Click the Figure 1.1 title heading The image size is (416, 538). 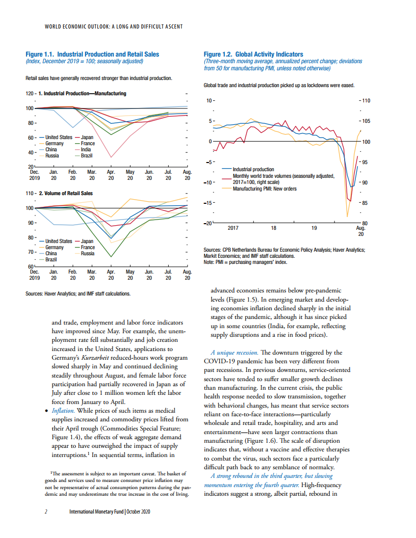[92, 54]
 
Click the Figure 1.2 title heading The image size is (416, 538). [253, 54]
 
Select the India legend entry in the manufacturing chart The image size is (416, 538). [86, 149]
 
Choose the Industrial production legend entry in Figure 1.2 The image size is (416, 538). [253, 169]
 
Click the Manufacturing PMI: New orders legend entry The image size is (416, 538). [264, 189]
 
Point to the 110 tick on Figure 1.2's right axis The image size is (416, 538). [366, 101]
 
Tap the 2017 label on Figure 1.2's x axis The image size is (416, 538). [233, 228]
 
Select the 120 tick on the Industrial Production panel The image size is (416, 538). [30, 94]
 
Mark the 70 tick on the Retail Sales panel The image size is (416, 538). [30, 252]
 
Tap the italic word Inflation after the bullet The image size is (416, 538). [63, 410]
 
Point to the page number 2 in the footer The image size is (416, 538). [46, 512]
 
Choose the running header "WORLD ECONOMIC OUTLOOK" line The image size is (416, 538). [114, 26]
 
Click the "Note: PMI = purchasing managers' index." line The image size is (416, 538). [245, 262]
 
